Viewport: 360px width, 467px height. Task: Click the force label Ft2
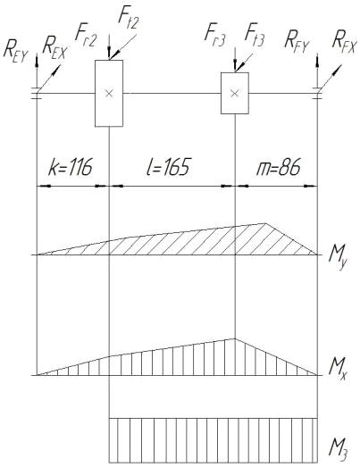tap(129, 20)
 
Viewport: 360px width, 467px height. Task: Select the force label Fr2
tap(86, 38)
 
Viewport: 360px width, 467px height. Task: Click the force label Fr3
tap(215, 37)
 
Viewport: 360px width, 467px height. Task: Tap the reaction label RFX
tap(344, 44)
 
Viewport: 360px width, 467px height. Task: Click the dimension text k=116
tap(71, 166)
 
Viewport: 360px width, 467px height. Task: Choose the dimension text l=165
tap(168, 166)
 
